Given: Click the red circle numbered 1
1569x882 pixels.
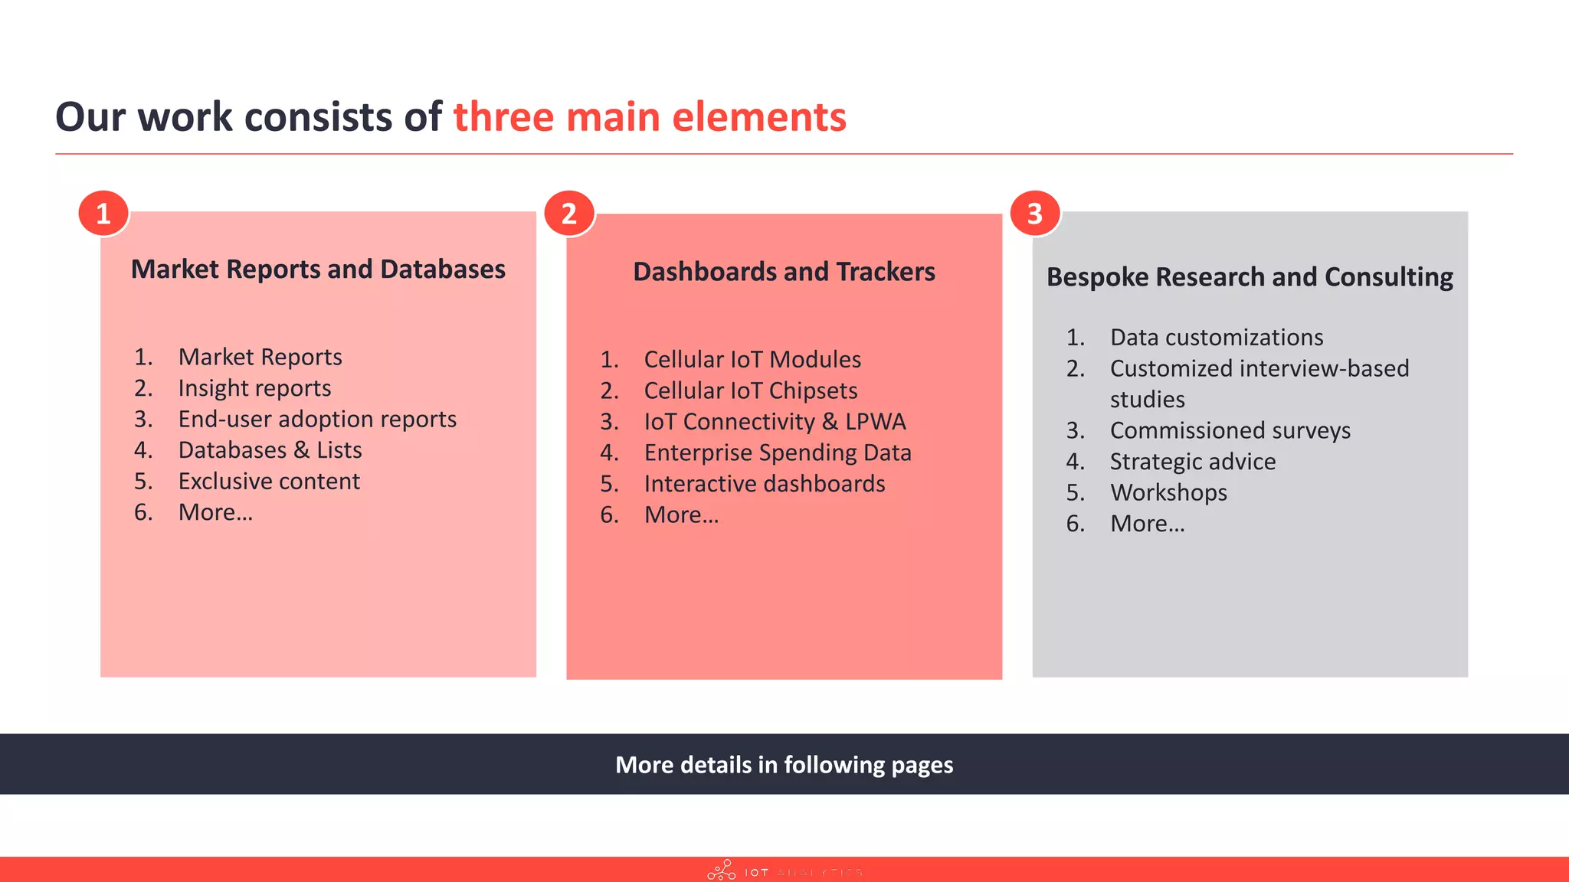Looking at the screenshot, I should [x=103, y=214].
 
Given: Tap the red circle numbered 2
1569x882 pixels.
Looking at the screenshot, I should [x=569, y=214].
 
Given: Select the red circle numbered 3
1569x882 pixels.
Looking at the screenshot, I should [x=1035, y=214].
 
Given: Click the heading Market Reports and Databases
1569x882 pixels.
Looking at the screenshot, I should [x=318, y=269].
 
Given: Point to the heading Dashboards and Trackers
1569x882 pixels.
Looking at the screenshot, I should [x=784, y=272].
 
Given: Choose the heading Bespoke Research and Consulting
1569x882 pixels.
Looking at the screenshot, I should [x=1250, y=277].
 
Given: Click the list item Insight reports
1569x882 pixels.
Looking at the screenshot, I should [x=254, y=388].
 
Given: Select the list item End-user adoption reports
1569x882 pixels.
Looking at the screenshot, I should [x=317, y=420].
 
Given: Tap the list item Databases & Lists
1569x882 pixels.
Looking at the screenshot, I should [x=270, y=450].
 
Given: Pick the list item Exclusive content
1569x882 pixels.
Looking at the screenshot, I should [x=269, y=482].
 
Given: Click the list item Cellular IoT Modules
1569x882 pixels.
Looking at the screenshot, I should [x=752, y=360].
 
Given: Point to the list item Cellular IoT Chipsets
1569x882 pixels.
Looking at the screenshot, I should [x=751, y=391].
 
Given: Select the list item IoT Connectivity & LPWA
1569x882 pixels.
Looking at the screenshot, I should [x=775, y=422].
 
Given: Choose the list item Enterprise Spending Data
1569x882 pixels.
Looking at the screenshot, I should [x=778, y=453].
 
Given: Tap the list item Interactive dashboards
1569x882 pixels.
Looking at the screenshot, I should [x=765, y=484].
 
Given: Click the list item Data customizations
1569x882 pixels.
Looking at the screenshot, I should [x=1217, y=338].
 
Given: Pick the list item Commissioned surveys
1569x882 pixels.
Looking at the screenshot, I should [x=1230, y=431].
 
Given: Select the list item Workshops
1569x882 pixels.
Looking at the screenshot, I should [x=1168, y=493].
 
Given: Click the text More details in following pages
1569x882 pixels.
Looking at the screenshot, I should [x=784, y=765].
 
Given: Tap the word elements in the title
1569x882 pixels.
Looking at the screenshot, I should [x=758, y=118].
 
